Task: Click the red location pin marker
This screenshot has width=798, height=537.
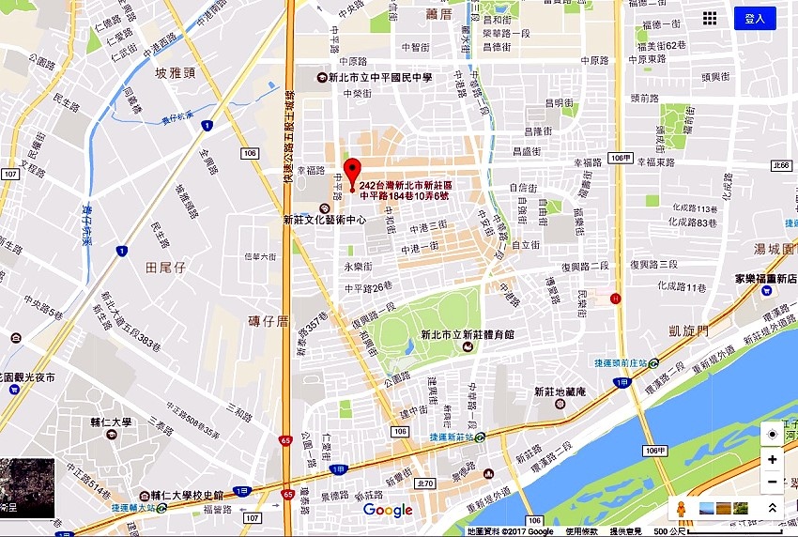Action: click(x=352, y=174)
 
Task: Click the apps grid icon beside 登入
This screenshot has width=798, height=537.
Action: click(x=710, y=19)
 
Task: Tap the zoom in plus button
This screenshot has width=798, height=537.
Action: click(x=772, y=459)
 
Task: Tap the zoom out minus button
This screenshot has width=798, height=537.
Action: click(x=772, y=483)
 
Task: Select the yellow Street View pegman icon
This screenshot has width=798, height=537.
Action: click(x=682, y=509)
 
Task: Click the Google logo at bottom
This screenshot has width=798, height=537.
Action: click(x=388, y=510)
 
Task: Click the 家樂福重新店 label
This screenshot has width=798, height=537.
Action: click(x=764, y=279)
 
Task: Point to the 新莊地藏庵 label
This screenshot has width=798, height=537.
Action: click(x=559, y=391)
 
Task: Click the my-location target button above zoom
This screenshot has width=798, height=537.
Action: click(x=772, y=434)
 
